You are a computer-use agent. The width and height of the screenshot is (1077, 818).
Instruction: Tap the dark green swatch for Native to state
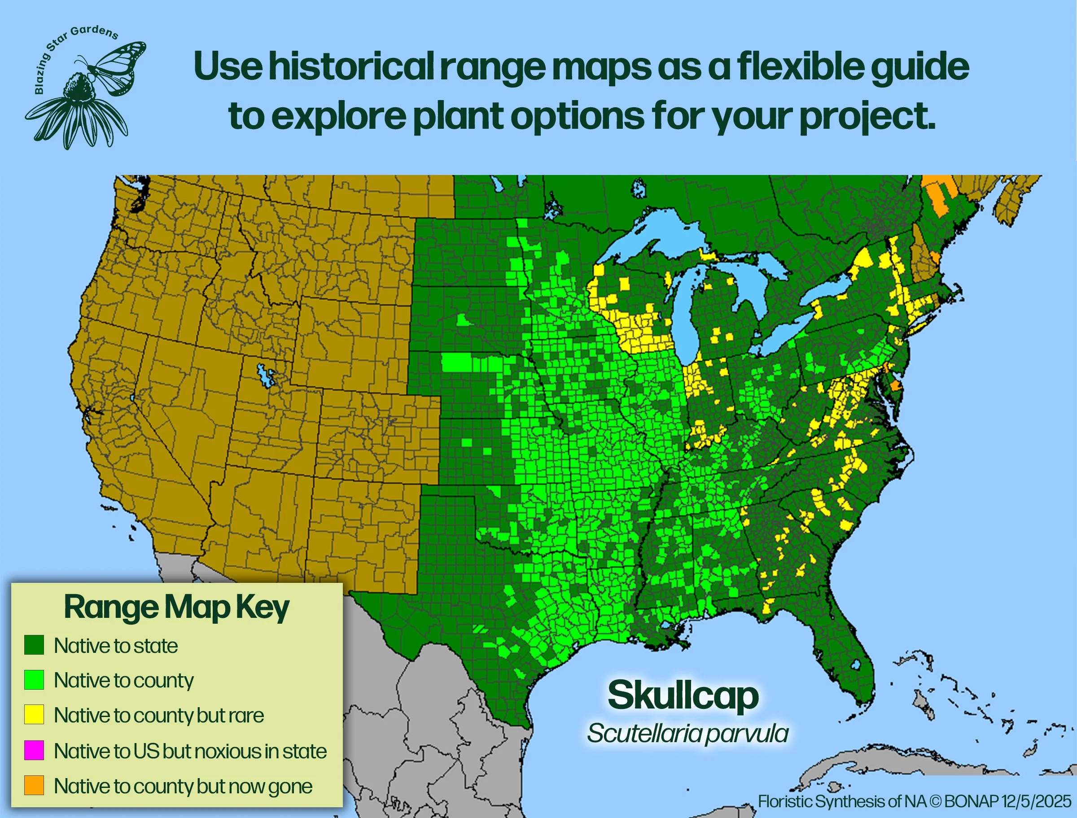coord(34,645)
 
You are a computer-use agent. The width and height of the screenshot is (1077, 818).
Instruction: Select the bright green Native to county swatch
coord(34,680)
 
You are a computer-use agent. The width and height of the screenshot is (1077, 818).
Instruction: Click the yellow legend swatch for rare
coord(34,715)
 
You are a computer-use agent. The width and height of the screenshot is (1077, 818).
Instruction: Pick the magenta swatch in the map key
coord(34,750)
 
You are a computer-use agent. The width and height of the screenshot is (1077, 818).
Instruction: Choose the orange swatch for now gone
coord(34,785)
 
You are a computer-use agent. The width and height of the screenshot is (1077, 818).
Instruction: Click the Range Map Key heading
coord(177,608)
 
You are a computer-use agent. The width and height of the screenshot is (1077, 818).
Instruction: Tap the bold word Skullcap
coord(683,696)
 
